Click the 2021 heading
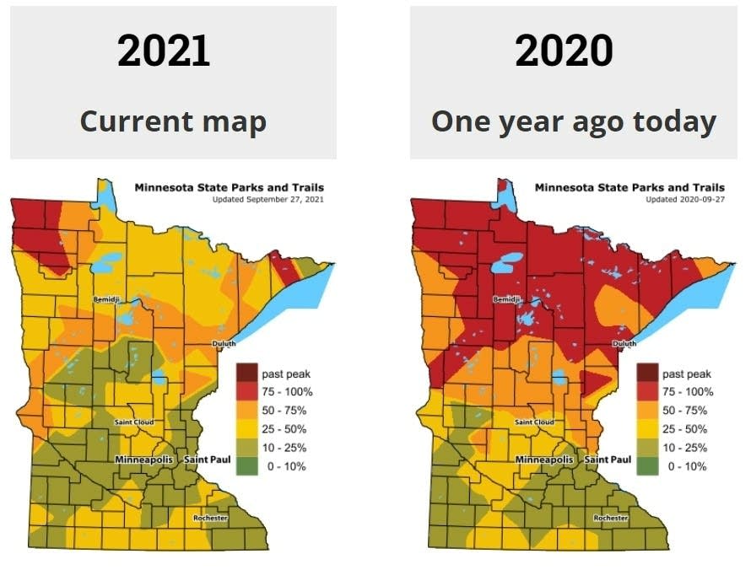click(x=164, y=51)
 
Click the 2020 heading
click(x=564, y=51)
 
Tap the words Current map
click(x=173, y=121)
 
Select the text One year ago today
click(x=574, y=121)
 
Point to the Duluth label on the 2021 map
click(x=224, y=343)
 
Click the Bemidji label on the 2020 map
click(x=505, y=299)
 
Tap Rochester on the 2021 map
click(x=210, y=517)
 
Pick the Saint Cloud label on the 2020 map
click(x=533, y=422)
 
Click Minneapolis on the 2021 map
click(x=144, y=460)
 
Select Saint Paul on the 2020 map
click(x=608, y=460)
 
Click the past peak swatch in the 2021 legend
click(x=247, y=374)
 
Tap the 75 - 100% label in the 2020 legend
click(x=688, y=392)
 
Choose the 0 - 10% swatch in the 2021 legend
click(x=247, y=466)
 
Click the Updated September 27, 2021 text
click(x=267, y=199)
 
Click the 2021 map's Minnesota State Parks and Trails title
click(x=229, y=187)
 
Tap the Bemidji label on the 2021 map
click(x=106, y=299)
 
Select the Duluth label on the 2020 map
click(x=624, y=343)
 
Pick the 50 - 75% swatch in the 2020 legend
click(x=647, y=411)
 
